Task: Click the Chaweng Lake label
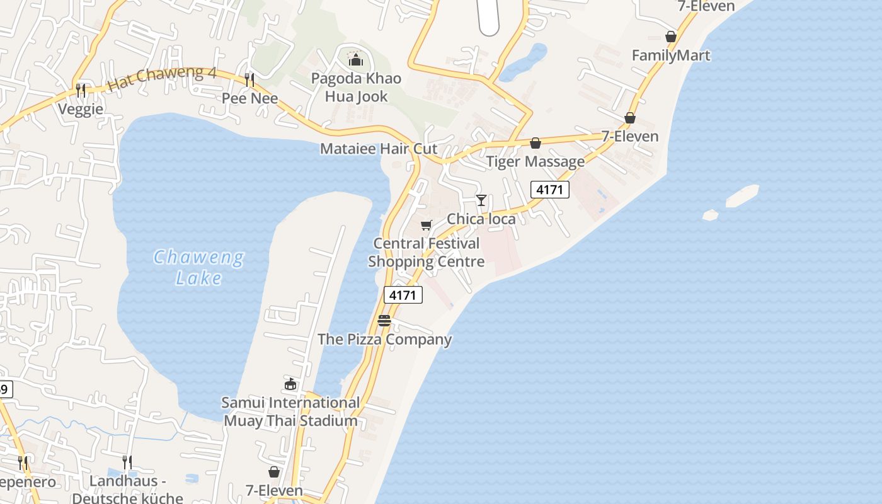(x=198, y=267)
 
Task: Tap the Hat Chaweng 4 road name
(x=162, y=79)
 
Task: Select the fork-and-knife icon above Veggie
(x=81, y=91)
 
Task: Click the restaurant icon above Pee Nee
(x=249, y=79)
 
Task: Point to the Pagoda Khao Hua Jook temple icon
(x=356, y=60)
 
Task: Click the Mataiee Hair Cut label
(x=379, y=149)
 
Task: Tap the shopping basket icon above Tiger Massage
(x=535, y=144)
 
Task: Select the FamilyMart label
(x=671, y=55)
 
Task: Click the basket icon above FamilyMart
(x=671, y=37)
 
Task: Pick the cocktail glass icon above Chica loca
(x=481, y=200)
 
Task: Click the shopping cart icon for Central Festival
(x=427, y=225)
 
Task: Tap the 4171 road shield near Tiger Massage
(x=549, y=189)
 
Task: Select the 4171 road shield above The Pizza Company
(x=403, y=294)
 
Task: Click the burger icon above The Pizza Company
(x=384, y=321)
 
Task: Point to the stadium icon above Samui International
(x=290, y=384)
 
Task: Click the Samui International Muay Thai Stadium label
(x=290, y=411)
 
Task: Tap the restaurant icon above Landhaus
(x=127, y=462)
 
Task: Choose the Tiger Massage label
(x=535, y=161)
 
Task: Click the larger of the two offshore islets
(x=742, y=196)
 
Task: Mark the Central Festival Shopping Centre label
(x=427, y=252)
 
